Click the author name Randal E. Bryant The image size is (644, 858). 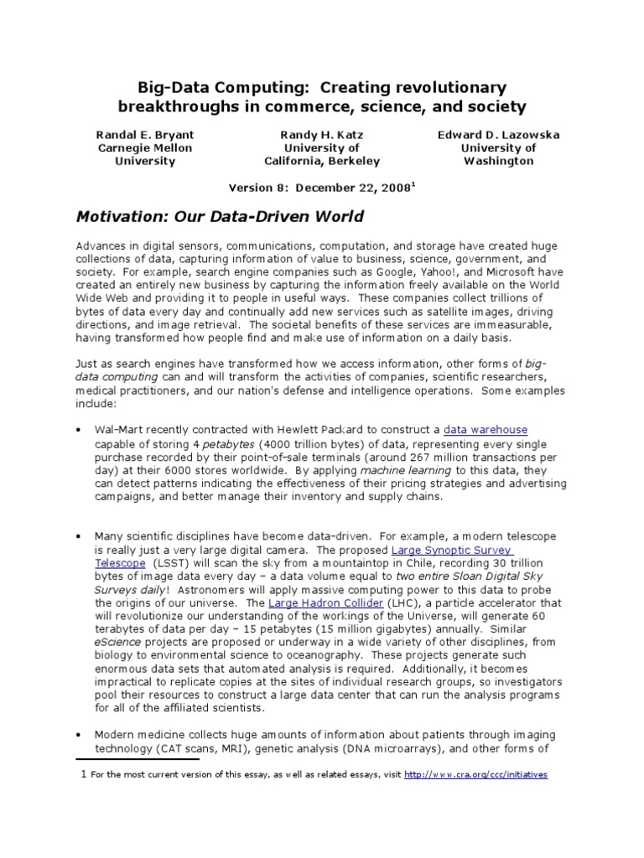point(146,134)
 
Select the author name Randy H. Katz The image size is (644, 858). point(322,134)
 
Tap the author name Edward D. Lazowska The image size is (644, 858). point(498,134)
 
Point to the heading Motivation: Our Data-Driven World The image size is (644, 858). point(220,217)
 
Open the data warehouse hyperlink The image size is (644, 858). point(486,430)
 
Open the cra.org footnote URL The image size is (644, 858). point(475,775)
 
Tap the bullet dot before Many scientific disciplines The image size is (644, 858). point(78,535)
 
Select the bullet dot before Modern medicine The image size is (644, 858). point(78,733)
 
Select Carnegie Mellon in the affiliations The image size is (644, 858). point(146,148)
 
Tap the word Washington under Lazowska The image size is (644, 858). point(498,162)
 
